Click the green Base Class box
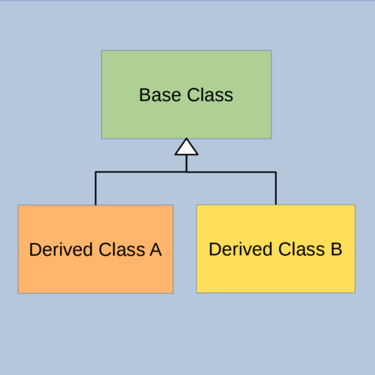click(186, 94)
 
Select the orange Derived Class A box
click(95, 249)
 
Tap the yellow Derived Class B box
click(276, 249)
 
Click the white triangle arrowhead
click(187, 147)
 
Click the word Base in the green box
click(160, 95)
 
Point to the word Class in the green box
click(210, 95)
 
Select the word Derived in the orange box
click(61, 250)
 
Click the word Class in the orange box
click(122, 250)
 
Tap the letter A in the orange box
click(156, 250)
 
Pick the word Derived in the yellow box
click(241, 249)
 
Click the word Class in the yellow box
click(301, 249)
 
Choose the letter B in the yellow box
click(337, 249)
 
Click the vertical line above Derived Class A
click(95, 188)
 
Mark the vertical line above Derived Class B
click(276, 188)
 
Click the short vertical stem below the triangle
click(187, 163)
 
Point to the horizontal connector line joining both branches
click(186, 172)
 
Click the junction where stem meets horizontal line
click(187, 172)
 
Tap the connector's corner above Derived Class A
click(95, 172)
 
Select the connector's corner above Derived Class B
click(276, 172)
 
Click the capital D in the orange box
click(35, 250)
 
